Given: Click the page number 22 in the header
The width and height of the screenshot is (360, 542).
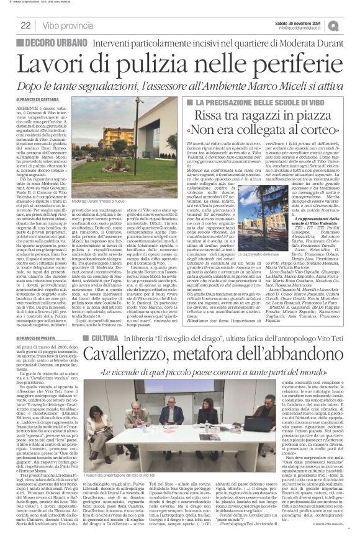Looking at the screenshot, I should point(25,25).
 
